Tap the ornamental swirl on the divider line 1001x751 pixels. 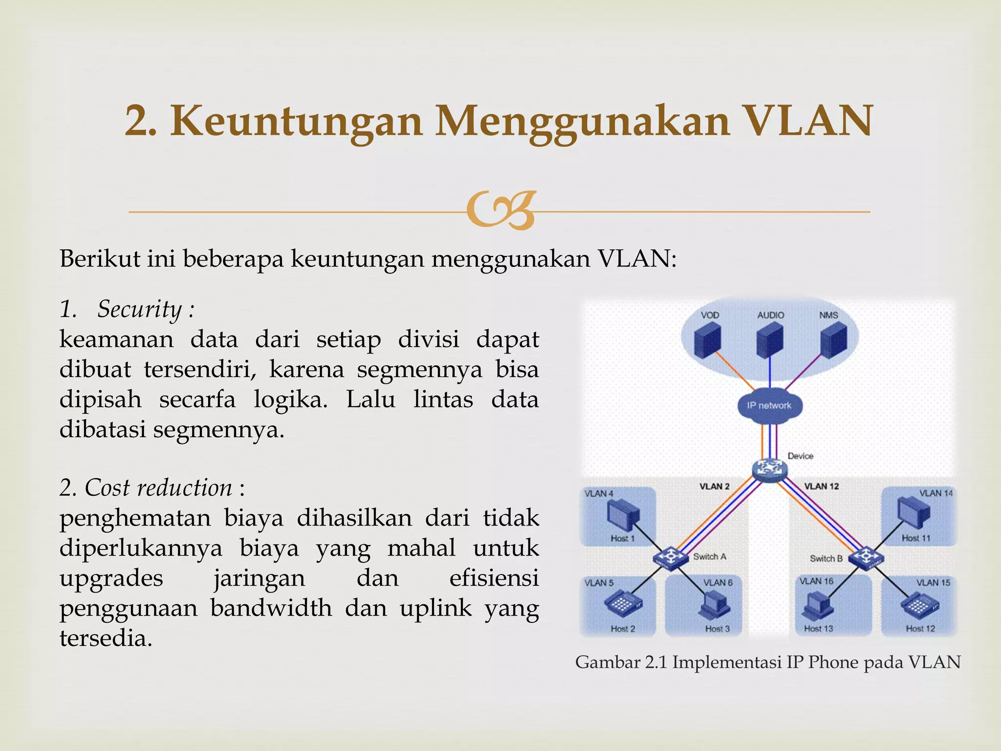pos(500,211)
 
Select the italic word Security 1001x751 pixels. pos(139,309)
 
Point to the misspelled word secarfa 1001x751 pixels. pos(197,399)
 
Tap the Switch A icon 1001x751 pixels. pos(670,557)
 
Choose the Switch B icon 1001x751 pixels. pos(866,557)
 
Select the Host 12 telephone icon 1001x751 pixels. pos(919,606)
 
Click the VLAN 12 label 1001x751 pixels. pos(821,486)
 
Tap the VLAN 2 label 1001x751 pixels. pos(714,486)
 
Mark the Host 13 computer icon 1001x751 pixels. pos(817,606)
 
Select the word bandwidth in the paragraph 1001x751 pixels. pos(271,609)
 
